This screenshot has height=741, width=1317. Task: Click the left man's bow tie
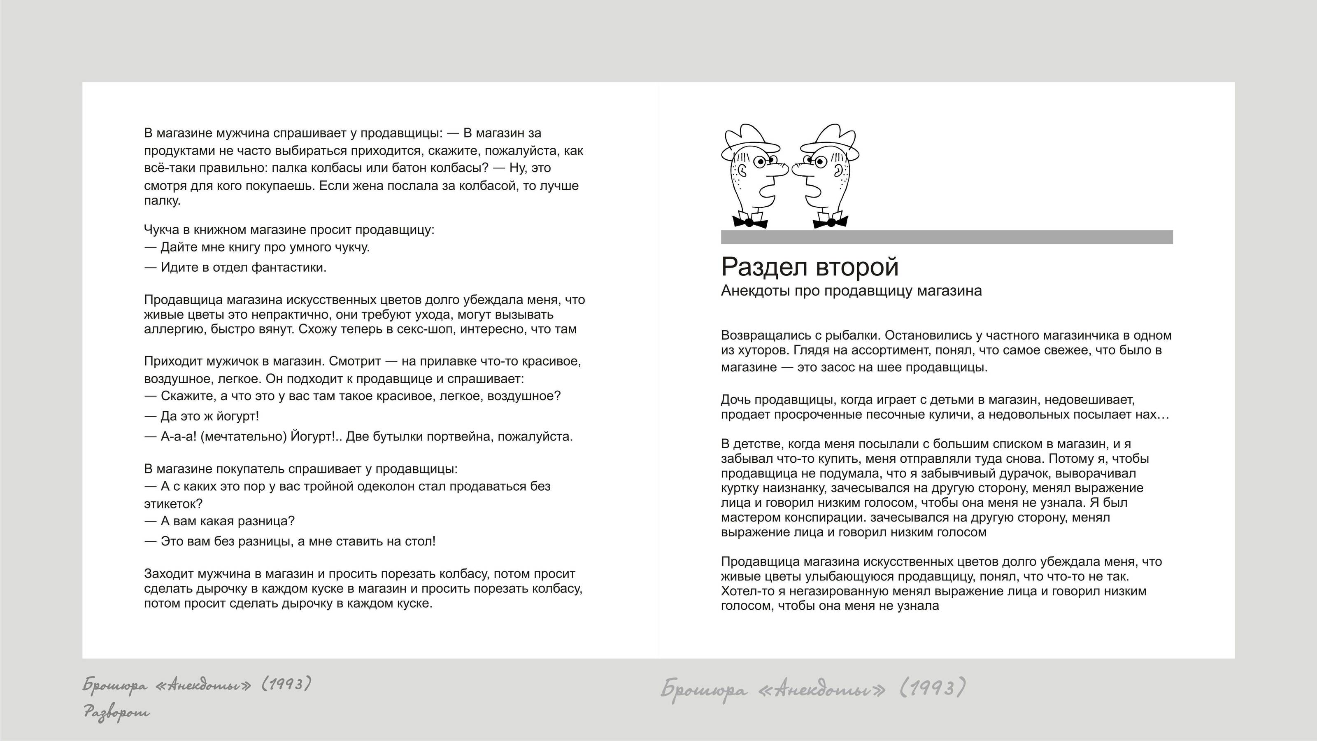click(x=749, y=222)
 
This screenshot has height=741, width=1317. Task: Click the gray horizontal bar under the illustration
click(x=946, y=237)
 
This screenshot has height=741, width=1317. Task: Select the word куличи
click(x=952, y=414)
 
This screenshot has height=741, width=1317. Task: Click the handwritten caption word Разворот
click(x=117, y=712)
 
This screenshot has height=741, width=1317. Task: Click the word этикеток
click(x=173, y=504)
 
